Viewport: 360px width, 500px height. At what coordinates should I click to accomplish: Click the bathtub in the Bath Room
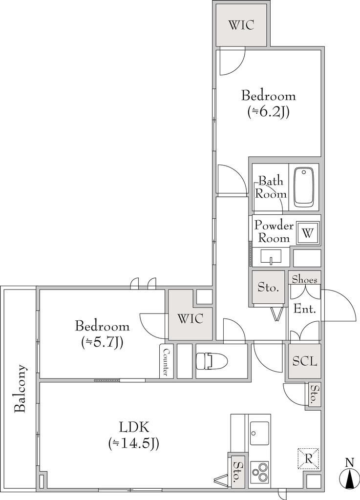click(x=303, y=187)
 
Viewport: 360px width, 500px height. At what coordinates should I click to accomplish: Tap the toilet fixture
click(x=212, y=361)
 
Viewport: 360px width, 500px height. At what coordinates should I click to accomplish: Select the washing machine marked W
click(x=308, y=233)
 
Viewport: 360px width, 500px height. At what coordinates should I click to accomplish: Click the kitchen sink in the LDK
click(x=259, y=433)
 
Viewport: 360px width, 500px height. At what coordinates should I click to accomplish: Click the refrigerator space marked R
click(x=308, y=458)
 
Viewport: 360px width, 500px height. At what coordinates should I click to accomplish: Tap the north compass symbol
click(x=350, y=475)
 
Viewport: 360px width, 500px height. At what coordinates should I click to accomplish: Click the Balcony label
click(x=20, y=388)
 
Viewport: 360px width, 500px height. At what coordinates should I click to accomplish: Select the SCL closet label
click(x=305, y=361)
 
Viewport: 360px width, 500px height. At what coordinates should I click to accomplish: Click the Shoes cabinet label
click(x=304, y=280)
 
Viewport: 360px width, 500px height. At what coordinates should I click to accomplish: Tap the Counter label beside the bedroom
click(x=166, y=362)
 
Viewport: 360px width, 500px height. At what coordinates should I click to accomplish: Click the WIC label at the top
click(x=241, y=25)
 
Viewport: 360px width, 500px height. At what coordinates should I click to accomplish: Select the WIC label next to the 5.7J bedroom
click(x=190, y=319)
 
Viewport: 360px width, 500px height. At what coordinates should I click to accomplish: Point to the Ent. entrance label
click(x=304, y=309)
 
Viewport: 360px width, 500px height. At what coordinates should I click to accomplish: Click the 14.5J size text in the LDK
click(x=133, y=443)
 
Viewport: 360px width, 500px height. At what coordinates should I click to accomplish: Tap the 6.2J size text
click(x=269, y=112)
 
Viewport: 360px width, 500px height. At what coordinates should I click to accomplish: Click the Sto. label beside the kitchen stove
click(x=237, y=472)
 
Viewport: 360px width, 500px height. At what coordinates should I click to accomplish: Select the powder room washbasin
click(x=271, y=257)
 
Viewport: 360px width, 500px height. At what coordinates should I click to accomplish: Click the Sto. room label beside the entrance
click(x=268, y=288)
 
